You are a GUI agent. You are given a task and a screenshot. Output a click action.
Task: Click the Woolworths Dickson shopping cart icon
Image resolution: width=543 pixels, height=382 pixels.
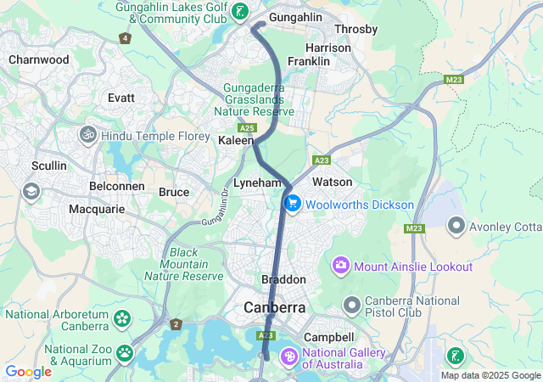pos(293,204)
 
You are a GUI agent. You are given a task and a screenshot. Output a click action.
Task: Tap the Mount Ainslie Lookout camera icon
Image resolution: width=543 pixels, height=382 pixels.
pos(341,267)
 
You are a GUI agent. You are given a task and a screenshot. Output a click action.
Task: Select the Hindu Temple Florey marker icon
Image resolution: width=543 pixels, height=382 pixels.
pos(87,135)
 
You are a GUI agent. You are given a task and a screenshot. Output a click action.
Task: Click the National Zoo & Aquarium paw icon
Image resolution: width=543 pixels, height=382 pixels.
pos(125,351)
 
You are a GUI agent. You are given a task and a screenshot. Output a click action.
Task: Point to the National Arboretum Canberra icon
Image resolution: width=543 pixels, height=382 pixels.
pos(123,319)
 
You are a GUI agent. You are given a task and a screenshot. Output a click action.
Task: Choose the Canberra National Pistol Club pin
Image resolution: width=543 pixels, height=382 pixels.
pos(351,304)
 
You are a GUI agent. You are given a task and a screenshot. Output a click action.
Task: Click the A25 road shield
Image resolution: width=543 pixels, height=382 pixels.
pos(247,127)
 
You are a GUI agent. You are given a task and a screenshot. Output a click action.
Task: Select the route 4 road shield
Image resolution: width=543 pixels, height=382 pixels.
pos(126,38)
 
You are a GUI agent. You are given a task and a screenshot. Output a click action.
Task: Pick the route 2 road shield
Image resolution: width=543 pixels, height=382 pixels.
pos(176,323)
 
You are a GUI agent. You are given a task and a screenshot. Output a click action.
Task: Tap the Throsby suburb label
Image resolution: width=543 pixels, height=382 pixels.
pos(356,29)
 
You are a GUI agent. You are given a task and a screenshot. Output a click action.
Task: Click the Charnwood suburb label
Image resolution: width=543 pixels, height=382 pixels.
pos(38,60)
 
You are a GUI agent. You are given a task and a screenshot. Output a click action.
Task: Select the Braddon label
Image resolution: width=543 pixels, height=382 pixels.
pos(283,279)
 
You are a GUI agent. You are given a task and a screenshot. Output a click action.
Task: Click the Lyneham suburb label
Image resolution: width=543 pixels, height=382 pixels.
pos(258,183)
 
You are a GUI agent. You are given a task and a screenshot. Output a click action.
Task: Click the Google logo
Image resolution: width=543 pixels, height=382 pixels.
pos(28,371)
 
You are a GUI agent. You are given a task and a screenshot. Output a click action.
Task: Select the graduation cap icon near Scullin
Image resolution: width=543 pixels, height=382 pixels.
pos(31,190)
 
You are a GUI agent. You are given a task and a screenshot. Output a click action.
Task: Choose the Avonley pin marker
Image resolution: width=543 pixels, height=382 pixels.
pos(456,226)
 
